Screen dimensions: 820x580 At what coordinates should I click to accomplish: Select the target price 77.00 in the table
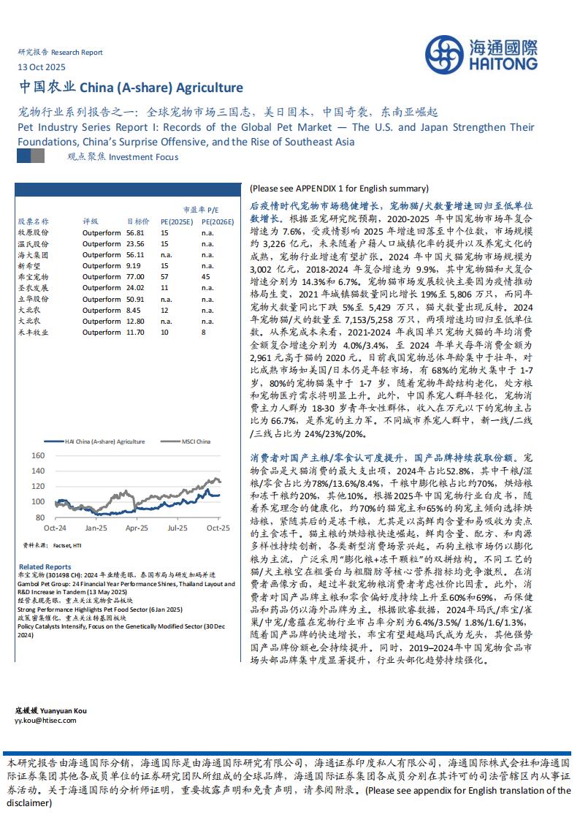[x=136, y=277]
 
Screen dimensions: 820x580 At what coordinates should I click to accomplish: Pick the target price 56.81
[x=136, y=232]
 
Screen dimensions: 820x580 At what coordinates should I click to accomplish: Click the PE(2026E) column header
[x=217, y=221]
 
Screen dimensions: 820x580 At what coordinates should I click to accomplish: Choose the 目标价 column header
[x=138, y=221]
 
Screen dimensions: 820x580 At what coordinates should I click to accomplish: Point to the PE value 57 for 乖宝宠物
[x=164, y=277]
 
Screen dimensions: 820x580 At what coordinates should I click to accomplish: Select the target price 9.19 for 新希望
[x=134, y=266]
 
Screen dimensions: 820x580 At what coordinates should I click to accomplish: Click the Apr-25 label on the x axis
[x=137, y=527]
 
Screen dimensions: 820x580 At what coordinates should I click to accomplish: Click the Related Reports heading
[x=45, y=566]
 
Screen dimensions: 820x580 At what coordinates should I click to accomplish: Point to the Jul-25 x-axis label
[x=178, y=527]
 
